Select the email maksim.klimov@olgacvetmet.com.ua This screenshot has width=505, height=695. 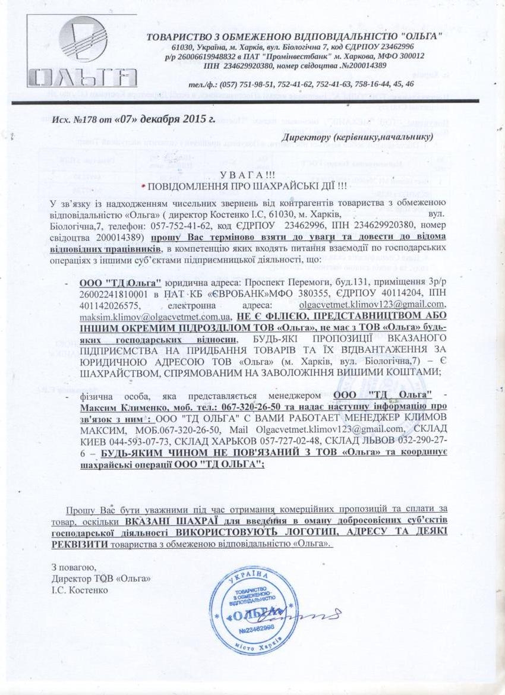point(155,316)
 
